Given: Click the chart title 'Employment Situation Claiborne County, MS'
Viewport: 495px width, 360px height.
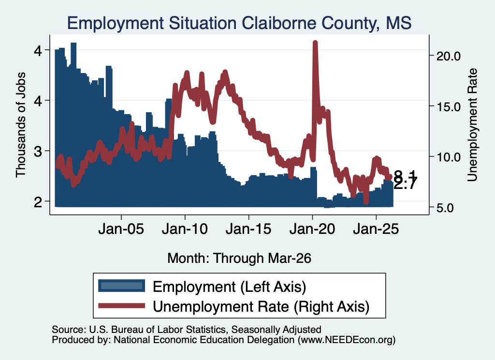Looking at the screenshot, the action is (239, 23).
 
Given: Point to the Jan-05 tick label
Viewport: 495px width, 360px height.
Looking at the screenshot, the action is (121, 229).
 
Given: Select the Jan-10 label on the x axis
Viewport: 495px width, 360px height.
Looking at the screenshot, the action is (185, 229).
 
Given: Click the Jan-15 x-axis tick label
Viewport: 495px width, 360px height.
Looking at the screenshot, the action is (248, 229).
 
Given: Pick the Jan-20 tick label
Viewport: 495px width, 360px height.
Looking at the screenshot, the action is (312, 229).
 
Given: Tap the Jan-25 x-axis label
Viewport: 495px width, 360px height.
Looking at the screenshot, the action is (376, 229).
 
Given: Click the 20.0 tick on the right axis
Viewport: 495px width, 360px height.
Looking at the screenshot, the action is (448, 56).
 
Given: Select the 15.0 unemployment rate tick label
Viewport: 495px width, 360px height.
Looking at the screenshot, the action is (448, 107).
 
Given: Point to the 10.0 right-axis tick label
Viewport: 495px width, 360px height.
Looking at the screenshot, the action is (448, 157).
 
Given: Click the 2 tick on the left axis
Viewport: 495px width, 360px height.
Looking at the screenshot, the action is (38, 202).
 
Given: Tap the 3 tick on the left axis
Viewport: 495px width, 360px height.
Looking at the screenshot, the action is (38, 151).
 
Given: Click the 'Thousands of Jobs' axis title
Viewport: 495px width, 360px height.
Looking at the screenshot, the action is (20, 125).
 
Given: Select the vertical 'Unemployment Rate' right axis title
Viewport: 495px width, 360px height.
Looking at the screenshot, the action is (472, 125).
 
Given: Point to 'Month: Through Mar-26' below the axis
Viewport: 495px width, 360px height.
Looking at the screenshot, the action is (239, 258).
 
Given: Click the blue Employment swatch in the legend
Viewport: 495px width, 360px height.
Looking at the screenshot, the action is (121, 286).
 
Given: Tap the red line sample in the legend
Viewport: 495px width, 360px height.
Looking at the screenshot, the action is (121, 305).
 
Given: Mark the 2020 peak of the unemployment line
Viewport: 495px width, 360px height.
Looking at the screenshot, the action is (315, 42).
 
